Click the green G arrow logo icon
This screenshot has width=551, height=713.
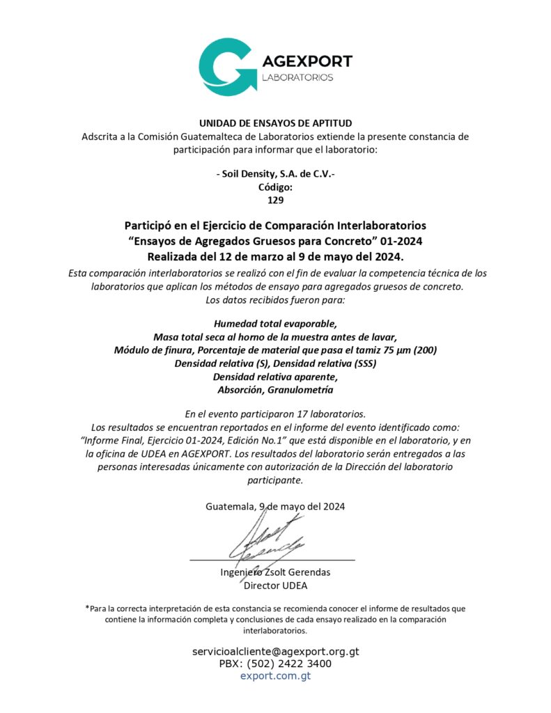[x=226, y=66]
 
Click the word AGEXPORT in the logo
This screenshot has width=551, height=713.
[x=306, y=61]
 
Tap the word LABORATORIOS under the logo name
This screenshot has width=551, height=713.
[x=297, y=77]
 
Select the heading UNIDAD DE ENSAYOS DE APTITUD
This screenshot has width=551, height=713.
[x=275, y=124]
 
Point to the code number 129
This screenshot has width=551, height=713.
[x=276, y=200]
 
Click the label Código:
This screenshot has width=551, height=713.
[x=275, y=187]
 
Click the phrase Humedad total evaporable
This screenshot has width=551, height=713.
[x=275, y=324]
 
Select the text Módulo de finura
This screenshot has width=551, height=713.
[x=148, y=350]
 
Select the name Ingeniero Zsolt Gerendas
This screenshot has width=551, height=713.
[x=275, y=572]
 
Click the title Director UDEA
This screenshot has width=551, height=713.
[x=275, y=586]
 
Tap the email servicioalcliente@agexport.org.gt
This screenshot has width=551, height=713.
[x=275, y=652]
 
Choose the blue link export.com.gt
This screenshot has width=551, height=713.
[x=275, y=675]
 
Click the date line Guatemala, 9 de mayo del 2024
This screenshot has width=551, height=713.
[x=275, y=506]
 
